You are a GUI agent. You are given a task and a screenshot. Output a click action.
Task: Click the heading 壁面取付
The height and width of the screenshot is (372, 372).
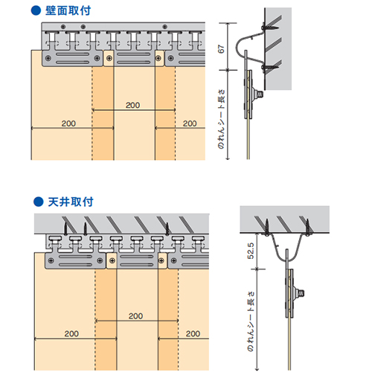point(68,10)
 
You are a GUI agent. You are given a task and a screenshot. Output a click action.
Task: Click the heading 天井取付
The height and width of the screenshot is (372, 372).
point(71,202)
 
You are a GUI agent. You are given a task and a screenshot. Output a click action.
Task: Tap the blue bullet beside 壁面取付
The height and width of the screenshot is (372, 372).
point(36,10)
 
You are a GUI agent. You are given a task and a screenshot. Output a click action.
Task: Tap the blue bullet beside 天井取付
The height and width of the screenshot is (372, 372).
point(39,202)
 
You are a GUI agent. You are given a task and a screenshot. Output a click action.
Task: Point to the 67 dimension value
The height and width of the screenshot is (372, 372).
point(221,49)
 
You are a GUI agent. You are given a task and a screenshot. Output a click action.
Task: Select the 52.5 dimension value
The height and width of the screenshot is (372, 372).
point(251,251)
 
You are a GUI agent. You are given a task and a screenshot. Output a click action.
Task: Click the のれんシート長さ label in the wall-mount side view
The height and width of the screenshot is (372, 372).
point(221,119)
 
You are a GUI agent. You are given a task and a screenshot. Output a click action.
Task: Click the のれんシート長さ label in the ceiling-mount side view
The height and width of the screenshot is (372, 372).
point(251,321)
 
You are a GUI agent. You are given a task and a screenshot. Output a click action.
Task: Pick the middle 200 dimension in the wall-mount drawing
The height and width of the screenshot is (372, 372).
point(133,105)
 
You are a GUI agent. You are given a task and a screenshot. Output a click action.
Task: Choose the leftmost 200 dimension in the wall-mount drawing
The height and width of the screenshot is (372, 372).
point(68,124)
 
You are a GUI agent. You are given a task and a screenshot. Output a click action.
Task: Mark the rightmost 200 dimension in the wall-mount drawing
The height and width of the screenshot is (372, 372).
point(190,124)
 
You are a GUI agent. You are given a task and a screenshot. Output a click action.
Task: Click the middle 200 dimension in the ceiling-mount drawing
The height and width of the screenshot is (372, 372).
point(135,316)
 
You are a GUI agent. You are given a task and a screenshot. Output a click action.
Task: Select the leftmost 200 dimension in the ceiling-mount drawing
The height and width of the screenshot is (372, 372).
point(71,334)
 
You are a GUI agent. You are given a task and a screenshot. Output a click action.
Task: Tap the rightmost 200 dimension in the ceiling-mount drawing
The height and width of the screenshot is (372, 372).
point(193,334)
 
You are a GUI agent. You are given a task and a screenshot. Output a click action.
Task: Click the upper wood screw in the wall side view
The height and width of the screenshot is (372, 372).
point(270,28)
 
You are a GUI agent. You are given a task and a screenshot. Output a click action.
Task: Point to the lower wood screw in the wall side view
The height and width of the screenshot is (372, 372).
point(270,67)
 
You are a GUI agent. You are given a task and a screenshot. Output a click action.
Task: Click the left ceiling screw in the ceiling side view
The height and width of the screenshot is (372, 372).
point(267,227)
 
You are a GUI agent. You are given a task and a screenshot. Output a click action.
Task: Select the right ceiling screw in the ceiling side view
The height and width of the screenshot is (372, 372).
point(308,227)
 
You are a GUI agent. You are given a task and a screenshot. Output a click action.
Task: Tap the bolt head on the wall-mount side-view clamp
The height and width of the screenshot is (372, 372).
point(260,94)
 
